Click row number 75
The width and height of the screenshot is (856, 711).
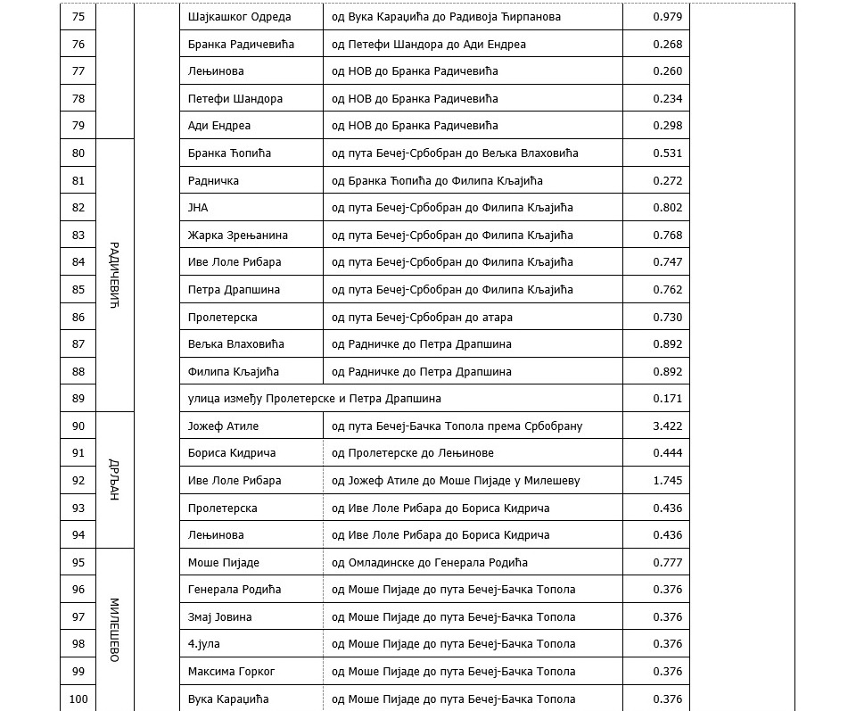[78, 17]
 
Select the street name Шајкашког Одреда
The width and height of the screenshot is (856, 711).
[241, 17]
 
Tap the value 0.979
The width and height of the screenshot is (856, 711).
[667, 17]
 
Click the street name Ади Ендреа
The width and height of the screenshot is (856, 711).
[219, 126]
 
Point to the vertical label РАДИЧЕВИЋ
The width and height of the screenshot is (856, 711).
[113, 275]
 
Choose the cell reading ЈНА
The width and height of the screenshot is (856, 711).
[198, 208]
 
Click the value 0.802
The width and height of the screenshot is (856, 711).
[667, 208]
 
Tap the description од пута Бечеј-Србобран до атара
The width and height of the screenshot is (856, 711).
[422, 318]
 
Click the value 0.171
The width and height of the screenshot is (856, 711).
[667, 399]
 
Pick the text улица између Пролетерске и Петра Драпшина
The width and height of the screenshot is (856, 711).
[315, 399]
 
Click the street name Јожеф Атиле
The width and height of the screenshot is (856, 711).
[223, 426]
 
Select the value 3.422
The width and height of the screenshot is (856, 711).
[667, 426]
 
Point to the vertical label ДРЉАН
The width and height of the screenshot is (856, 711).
[113, 480]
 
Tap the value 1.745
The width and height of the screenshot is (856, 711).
[667, 481]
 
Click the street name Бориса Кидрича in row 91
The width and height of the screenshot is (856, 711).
[232, 453]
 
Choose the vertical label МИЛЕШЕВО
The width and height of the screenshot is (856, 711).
[113, 630]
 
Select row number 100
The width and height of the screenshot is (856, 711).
[78, 699]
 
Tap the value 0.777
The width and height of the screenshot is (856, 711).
[667, 563]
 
